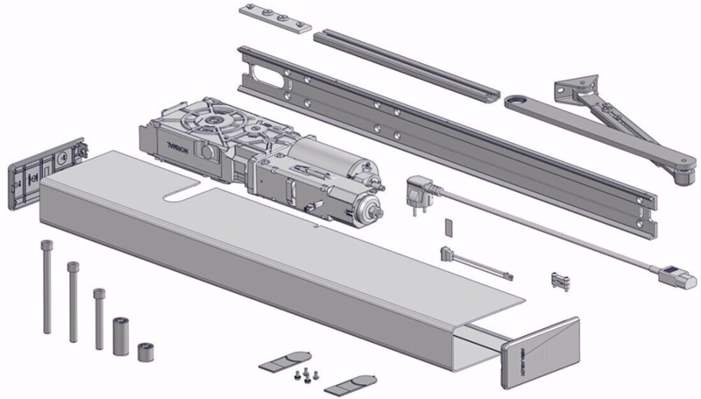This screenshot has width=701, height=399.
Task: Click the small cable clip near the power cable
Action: [x=559, y=280]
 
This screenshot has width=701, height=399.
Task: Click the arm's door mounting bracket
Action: [x=578, y=91]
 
